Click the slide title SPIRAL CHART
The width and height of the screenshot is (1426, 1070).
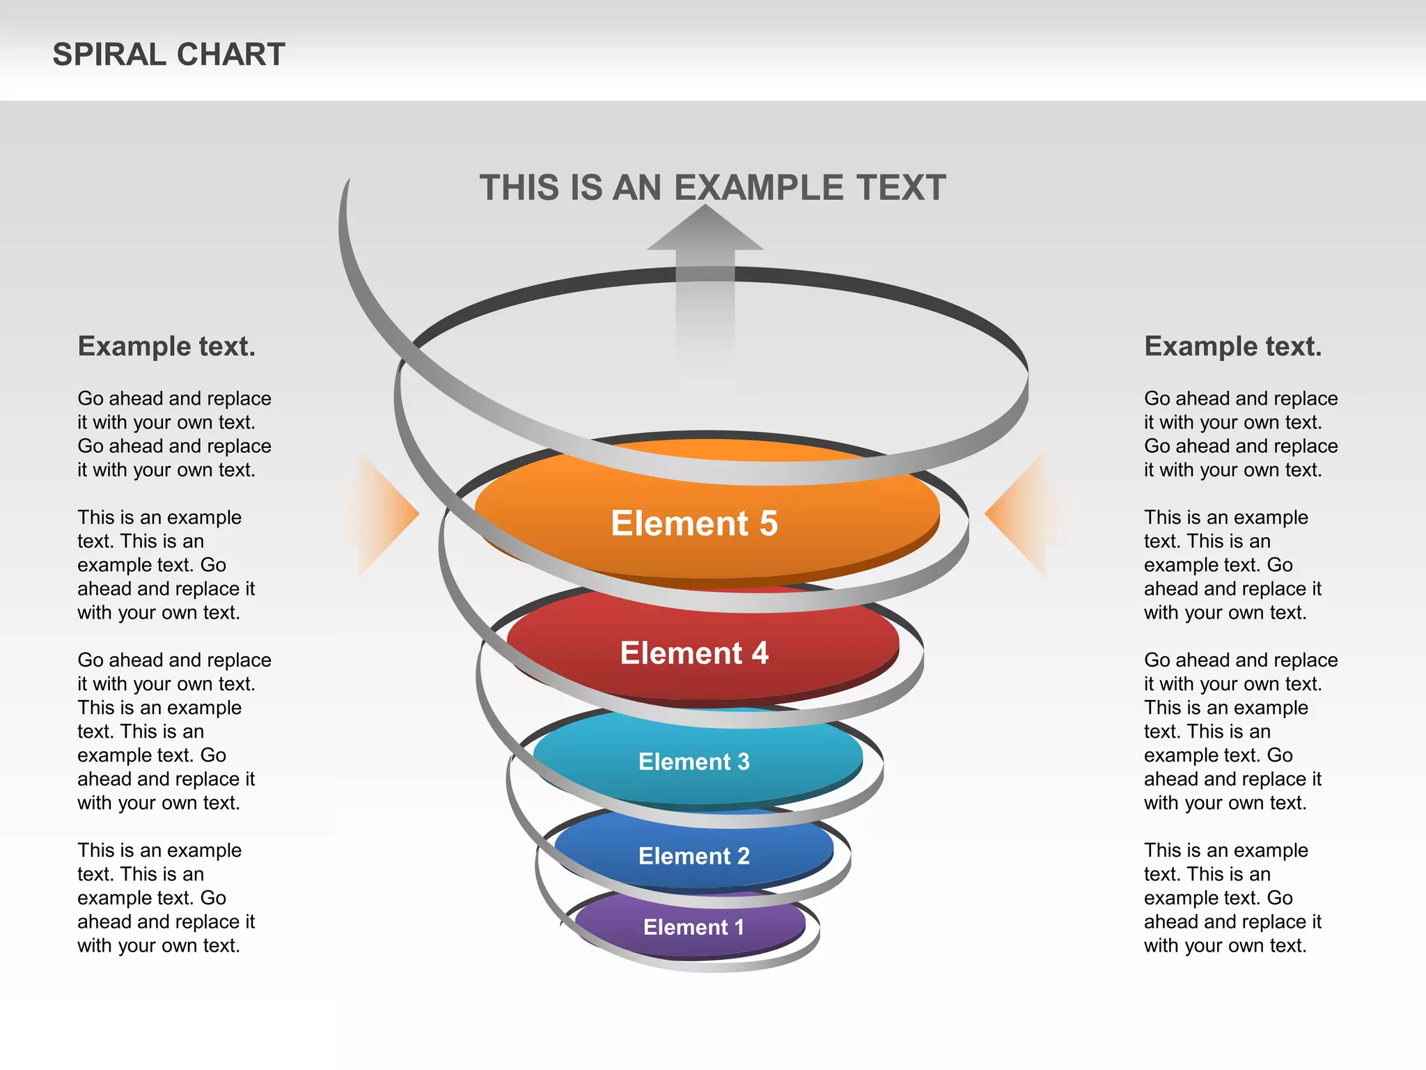(169, 54)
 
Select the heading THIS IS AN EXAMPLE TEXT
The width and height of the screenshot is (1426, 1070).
(712, 188)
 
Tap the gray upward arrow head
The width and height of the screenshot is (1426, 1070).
(705, 230)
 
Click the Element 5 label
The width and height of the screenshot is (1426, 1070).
(694, 523)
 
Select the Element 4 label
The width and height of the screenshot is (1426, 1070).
(694, 653)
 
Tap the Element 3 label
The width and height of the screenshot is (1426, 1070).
(694, 761)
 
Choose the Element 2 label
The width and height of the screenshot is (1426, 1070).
(694, 856)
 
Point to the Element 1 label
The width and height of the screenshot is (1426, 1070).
(694, 927)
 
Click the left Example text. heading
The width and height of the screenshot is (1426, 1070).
(166, 346)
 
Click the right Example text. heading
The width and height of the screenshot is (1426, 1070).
(1232, 346)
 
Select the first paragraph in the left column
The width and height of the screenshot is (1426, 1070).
(174, 434)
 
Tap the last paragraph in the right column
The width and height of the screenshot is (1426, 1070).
(1232, 898)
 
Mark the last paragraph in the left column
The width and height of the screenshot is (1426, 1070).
(166, 898)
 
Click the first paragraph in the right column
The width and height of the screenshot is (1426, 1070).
(1241, 434)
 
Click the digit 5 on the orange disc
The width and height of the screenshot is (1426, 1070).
(768, 523)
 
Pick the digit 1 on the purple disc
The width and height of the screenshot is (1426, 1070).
(738, 927)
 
